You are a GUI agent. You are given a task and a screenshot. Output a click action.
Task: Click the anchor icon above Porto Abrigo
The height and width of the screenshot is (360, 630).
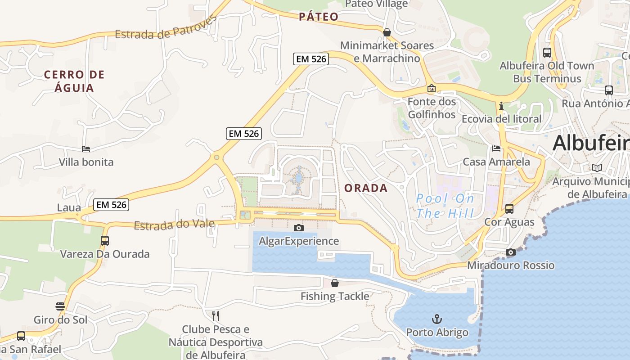[x=436, y=319]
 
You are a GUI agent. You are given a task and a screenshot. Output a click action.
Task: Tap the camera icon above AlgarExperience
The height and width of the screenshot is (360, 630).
[x=298, y=228]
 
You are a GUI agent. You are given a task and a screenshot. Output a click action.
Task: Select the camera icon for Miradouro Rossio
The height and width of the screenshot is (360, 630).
[x=510, y=252]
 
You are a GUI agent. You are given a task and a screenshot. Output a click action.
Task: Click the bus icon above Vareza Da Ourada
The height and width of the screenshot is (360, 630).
[x=105, y=241]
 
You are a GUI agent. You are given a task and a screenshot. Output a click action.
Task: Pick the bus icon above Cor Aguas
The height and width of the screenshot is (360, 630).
[x=509, y=209]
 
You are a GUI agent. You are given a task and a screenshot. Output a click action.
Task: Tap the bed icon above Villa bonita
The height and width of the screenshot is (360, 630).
[x=86, y=149]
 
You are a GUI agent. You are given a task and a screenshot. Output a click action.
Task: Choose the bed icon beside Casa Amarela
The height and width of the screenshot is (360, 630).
[x=496, y=148]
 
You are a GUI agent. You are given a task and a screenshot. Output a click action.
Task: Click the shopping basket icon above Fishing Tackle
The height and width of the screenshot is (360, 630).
[x=335, y=283]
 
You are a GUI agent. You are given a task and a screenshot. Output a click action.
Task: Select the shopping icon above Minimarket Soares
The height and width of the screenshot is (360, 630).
[x=387, y=32]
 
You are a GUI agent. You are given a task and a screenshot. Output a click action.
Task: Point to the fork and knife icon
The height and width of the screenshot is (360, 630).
[x=216, y=315]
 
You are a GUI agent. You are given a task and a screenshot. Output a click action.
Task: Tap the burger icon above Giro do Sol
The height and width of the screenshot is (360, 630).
[x=60, y=306]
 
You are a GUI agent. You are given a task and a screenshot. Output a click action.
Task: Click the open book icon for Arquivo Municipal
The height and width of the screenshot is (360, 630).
[x=597, y=168]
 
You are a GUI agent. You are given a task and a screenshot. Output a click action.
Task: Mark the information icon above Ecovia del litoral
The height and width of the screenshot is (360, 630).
[x=501, y=106]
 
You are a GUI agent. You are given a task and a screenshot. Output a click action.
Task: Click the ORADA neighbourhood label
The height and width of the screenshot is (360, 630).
[x=366, y=188]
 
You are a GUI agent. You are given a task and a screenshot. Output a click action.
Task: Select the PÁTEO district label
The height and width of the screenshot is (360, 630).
[x=319, y=17]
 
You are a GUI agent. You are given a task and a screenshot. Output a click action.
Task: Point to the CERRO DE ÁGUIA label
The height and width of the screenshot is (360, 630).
[x=74, y=81]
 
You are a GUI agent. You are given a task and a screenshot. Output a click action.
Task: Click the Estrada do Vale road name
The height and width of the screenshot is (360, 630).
[x=174, y=224]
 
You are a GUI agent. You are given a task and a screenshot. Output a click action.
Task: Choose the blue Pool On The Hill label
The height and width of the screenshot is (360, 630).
[x=445, y=205]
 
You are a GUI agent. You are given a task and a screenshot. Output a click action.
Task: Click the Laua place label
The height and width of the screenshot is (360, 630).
[x=69, y=208]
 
